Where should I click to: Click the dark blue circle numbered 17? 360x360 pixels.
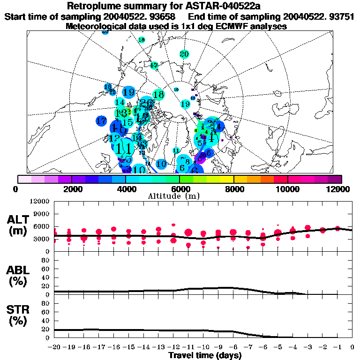101,121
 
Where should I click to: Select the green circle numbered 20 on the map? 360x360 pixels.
184,54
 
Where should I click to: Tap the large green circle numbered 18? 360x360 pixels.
158,95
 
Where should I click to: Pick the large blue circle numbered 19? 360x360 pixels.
129,92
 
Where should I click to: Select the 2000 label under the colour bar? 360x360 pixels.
71,189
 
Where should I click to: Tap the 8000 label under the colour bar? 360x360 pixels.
233,189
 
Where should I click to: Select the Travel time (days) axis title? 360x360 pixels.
205,355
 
